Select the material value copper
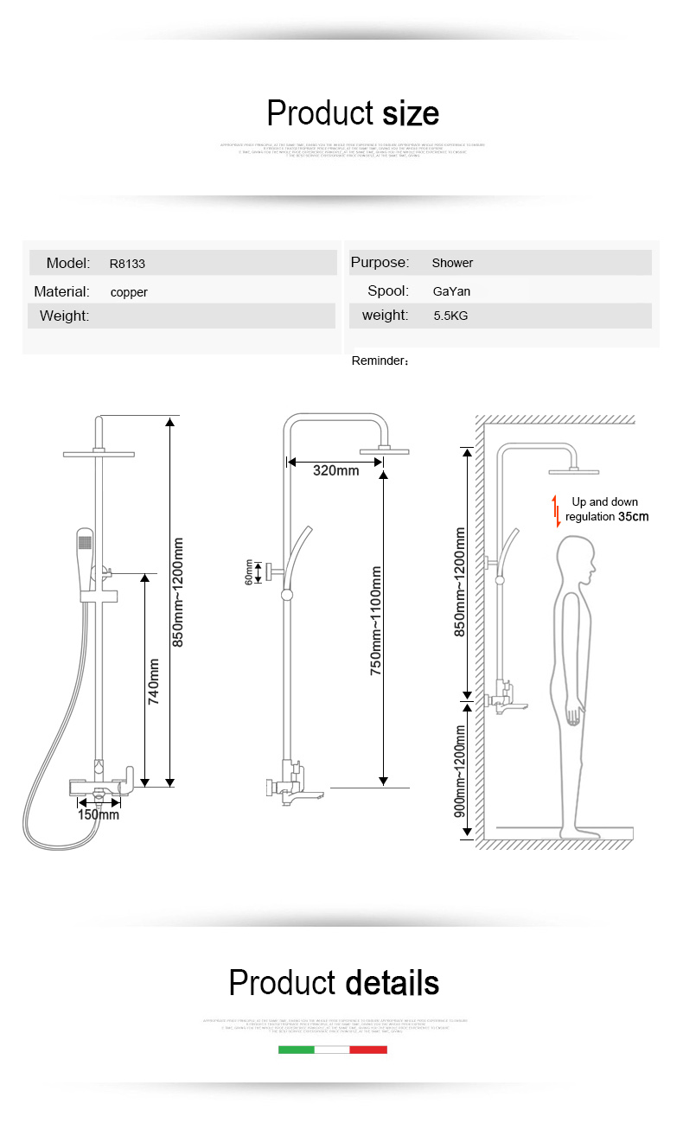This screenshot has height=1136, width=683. [129, 292]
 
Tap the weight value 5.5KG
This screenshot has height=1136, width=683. [450, 316]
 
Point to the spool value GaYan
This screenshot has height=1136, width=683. [451, 291]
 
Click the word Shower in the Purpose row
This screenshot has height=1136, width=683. [452, 263]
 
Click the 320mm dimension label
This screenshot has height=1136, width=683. [335, 470]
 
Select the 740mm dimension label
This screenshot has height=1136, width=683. [154, 681]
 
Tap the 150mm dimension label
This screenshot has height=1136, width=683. [99, 814]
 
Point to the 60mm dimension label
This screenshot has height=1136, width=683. [249, 571]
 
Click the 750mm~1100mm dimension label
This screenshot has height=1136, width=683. [376, 620]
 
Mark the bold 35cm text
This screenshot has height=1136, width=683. [633, 517]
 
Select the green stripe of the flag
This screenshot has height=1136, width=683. [296, 1050]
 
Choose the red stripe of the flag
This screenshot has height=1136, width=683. [368, 1050]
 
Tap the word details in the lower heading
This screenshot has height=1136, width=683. [392, 983]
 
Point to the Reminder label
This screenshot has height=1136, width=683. [380, 361]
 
